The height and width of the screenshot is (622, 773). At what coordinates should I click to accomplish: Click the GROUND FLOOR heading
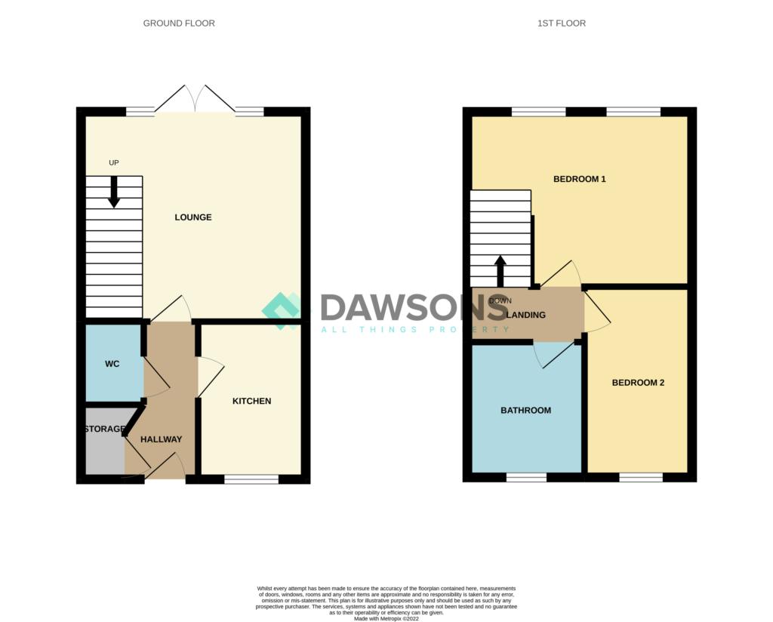[x=179, y=23]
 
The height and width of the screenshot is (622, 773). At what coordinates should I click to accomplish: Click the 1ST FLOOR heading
[x=561, y=23]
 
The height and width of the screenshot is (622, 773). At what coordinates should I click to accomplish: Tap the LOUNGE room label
[x=193, y=217]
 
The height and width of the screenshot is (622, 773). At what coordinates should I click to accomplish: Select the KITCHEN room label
[x=251, y=401]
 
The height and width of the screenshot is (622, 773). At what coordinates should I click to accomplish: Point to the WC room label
[x=112, y=364]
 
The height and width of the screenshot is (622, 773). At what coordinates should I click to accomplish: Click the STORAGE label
[x=104, y=429]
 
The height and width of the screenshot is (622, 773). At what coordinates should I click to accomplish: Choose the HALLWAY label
[x=161, y=439]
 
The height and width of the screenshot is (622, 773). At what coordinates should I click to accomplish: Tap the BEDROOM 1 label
[x=580, y=180]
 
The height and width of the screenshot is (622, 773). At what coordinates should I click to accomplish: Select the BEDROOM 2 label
[x=638, y=383]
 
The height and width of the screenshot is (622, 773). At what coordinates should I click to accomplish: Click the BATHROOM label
[x=525, y=411]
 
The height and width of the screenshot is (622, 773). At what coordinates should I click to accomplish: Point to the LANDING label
[x=526, y=315]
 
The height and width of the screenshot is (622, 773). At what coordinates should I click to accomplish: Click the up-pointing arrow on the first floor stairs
[x=500, y=271]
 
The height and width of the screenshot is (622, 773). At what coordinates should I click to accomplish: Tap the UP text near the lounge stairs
[x=114, y=162]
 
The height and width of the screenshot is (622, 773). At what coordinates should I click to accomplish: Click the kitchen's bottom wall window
[x=251, y=479]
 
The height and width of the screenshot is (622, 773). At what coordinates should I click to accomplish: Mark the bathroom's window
[x=526, y=477]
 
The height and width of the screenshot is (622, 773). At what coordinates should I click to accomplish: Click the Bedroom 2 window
[x=640, y=477]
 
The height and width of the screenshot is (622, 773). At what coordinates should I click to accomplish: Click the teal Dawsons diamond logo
[x=282, y=310]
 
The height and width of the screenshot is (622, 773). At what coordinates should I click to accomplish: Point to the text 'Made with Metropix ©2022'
[x=386, y=617]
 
